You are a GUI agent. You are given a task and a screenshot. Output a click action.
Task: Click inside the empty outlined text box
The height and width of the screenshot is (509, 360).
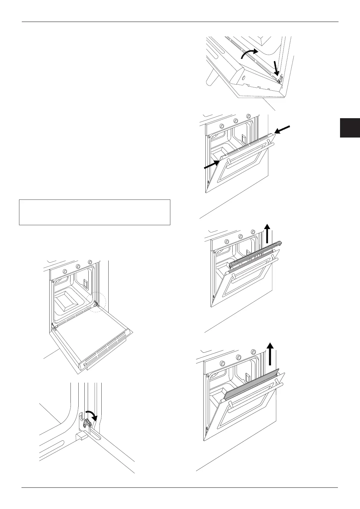click(94, 212)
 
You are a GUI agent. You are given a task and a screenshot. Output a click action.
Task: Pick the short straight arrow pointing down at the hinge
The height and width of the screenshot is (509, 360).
click(276, 68)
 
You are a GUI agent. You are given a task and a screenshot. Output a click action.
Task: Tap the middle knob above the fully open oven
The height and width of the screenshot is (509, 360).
click(78, 266)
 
